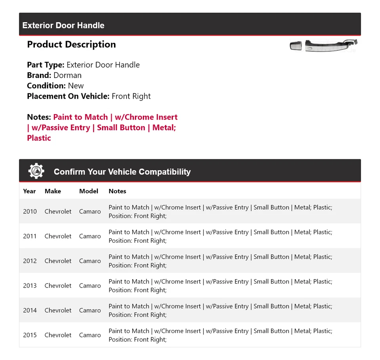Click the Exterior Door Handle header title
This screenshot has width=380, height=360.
click(x=63, y=25)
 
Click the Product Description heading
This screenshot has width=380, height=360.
click(x=71, y=44)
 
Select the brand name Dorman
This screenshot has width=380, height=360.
click(x=67, y=75)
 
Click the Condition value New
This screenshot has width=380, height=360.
click(x=76, y=86)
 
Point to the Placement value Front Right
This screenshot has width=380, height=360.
click(x=131, y=96)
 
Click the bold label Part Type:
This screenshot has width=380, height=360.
click(x=46, y=65)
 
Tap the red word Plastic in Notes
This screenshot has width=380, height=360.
click(x=39, y=138)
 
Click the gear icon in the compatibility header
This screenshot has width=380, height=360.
click(x=36, y=171)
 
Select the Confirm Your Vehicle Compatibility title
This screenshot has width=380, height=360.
click(x=122, y=172)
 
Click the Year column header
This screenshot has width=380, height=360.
click(x=29, y=191)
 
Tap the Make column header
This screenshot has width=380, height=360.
click(x=53, y=191)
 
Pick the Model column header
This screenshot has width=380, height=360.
click(x=89, y=191)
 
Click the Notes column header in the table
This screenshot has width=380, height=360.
click(x=117, y=191)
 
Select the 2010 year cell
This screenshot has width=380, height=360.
click(x=30, y=211)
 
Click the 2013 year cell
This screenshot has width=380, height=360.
click(x=30, y=286)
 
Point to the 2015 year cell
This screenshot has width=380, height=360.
click(x=30, y=335)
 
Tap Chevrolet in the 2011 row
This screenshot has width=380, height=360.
click(x=58, y=236)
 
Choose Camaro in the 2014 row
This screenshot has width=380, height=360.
click(x=90, y=310)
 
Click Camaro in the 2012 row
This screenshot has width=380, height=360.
click(x=90, y=261)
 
